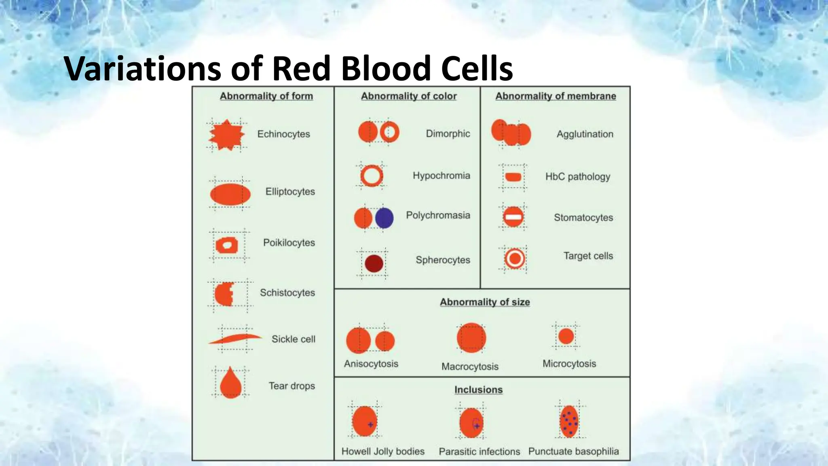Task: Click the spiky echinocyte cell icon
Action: (226, 135)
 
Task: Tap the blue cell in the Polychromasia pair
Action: (384, 218)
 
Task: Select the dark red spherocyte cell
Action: (374, 263)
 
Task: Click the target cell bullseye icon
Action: (515, 258)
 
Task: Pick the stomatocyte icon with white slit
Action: (513, 217)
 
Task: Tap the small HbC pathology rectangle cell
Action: (513, 177)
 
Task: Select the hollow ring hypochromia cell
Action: (372, 176)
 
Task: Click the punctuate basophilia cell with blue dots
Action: (569, 422)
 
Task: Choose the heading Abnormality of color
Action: (408, 96)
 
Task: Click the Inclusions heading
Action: (478, 390)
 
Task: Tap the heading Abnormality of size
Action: (485, 302)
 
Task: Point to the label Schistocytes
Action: (287, 292)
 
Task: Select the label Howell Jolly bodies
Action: (383, 451)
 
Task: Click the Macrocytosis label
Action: (470, 366)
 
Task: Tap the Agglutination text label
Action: (585, 134)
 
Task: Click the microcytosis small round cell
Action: (566, 336)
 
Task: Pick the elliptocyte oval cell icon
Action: (230, 194)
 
